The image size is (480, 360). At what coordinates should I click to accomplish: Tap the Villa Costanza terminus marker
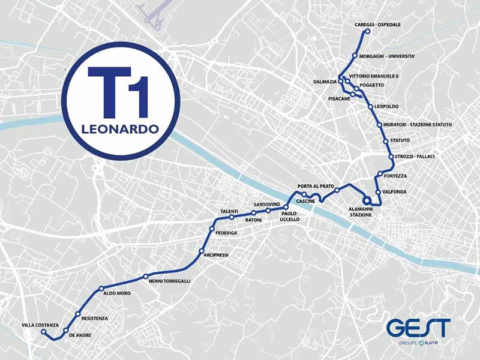coord(43,331)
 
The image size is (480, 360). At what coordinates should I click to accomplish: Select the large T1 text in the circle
coord(118,92)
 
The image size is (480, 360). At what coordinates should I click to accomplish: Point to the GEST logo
coord(418,328)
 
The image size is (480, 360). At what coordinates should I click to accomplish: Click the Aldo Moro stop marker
coord(101,289)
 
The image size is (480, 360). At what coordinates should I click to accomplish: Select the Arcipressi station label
coord(216,255)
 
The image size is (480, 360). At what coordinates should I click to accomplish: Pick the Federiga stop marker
coord(211,229)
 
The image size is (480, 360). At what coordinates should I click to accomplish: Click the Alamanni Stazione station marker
coord(365,201)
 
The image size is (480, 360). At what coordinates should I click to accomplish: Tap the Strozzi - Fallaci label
coord(415,157)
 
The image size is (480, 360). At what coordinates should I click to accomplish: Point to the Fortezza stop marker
coord(380,175)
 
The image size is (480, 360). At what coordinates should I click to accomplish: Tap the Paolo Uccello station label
coord(290,216)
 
